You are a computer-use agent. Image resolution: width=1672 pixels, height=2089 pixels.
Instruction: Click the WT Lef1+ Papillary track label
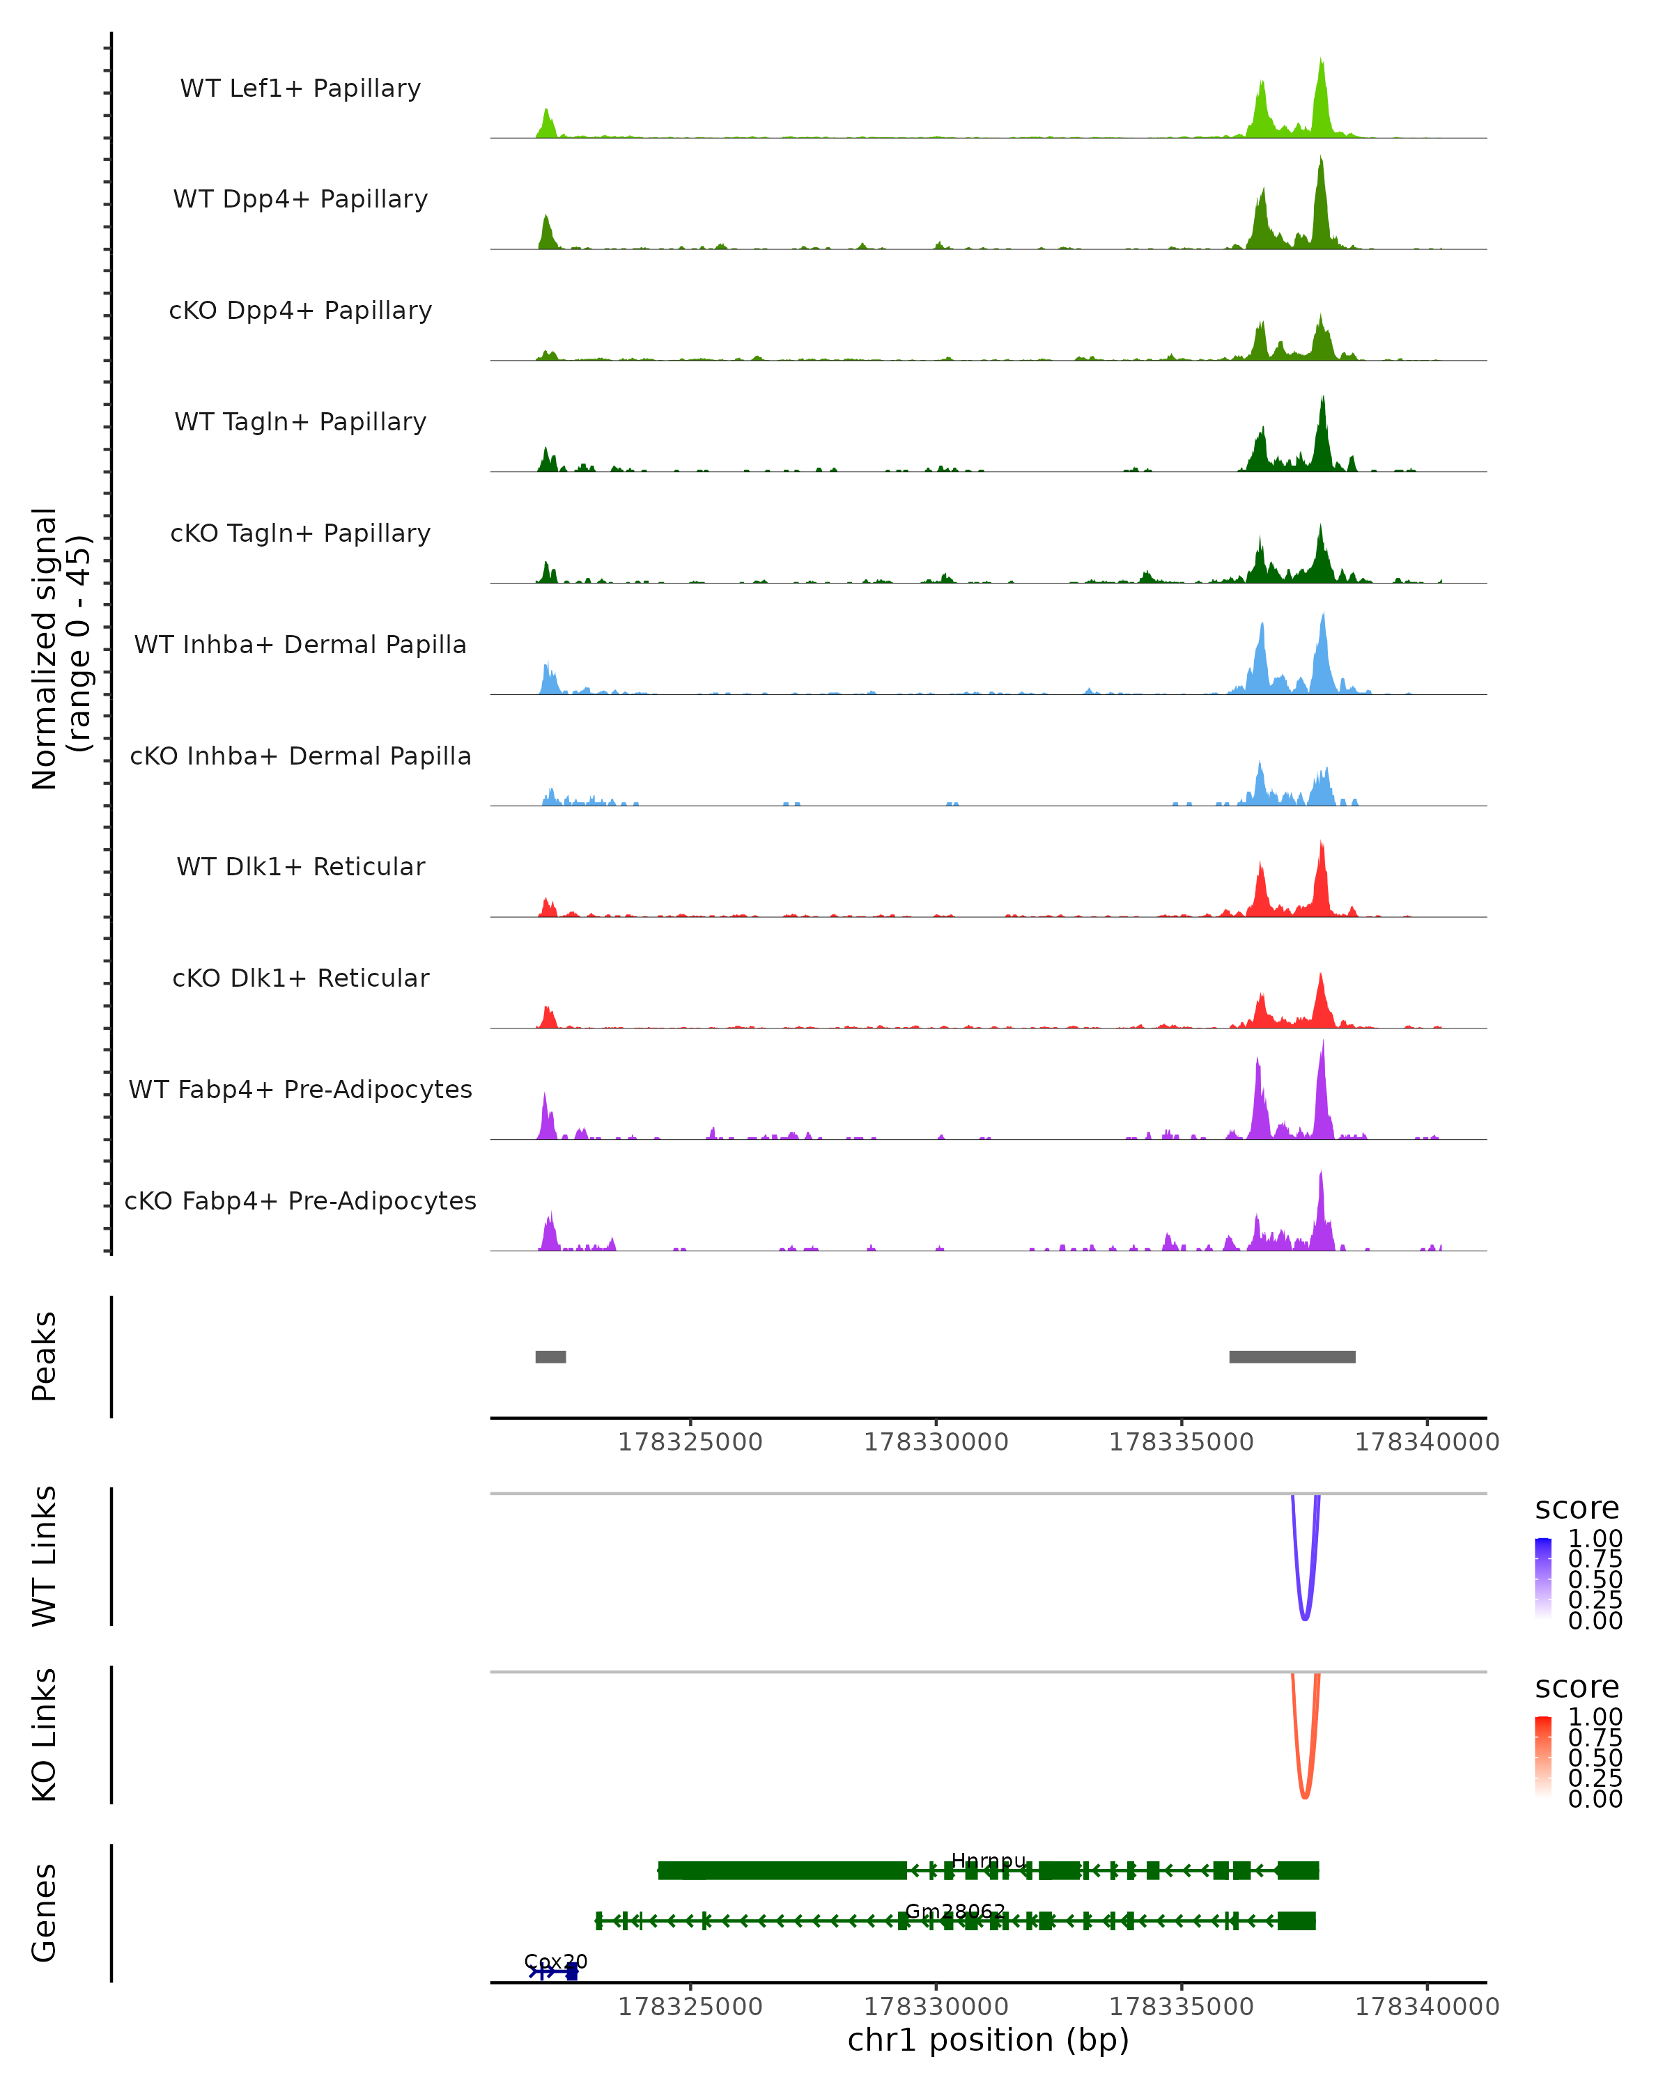(x=300, y=88)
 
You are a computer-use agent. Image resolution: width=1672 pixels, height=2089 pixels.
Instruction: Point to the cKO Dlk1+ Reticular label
(x=300, y=978)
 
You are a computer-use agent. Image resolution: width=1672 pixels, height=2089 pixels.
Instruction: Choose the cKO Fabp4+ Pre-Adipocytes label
(x=300, y=1200)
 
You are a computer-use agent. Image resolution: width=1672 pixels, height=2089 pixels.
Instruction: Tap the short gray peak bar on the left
(x=550, y=1356)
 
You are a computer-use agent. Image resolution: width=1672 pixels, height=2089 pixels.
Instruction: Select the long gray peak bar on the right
(x=1292, y=1356)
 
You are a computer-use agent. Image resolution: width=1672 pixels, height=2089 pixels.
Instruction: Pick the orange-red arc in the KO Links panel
(x=1305, y=1795)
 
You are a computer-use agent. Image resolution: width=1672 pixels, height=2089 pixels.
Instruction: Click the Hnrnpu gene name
(x=988, y=1861)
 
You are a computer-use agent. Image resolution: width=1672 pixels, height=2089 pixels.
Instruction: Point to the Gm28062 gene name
(x=954, y=1911)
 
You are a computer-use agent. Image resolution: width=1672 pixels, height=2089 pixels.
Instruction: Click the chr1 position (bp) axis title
(x=988, y=2040)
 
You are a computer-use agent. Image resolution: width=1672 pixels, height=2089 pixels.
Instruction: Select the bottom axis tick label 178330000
(x=936, y=2007)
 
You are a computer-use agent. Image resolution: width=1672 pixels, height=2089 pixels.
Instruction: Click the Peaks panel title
(x=45, y=1356)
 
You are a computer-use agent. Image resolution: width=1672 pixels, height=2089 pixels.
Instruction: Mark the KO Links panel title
(x=45, y=1735)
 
